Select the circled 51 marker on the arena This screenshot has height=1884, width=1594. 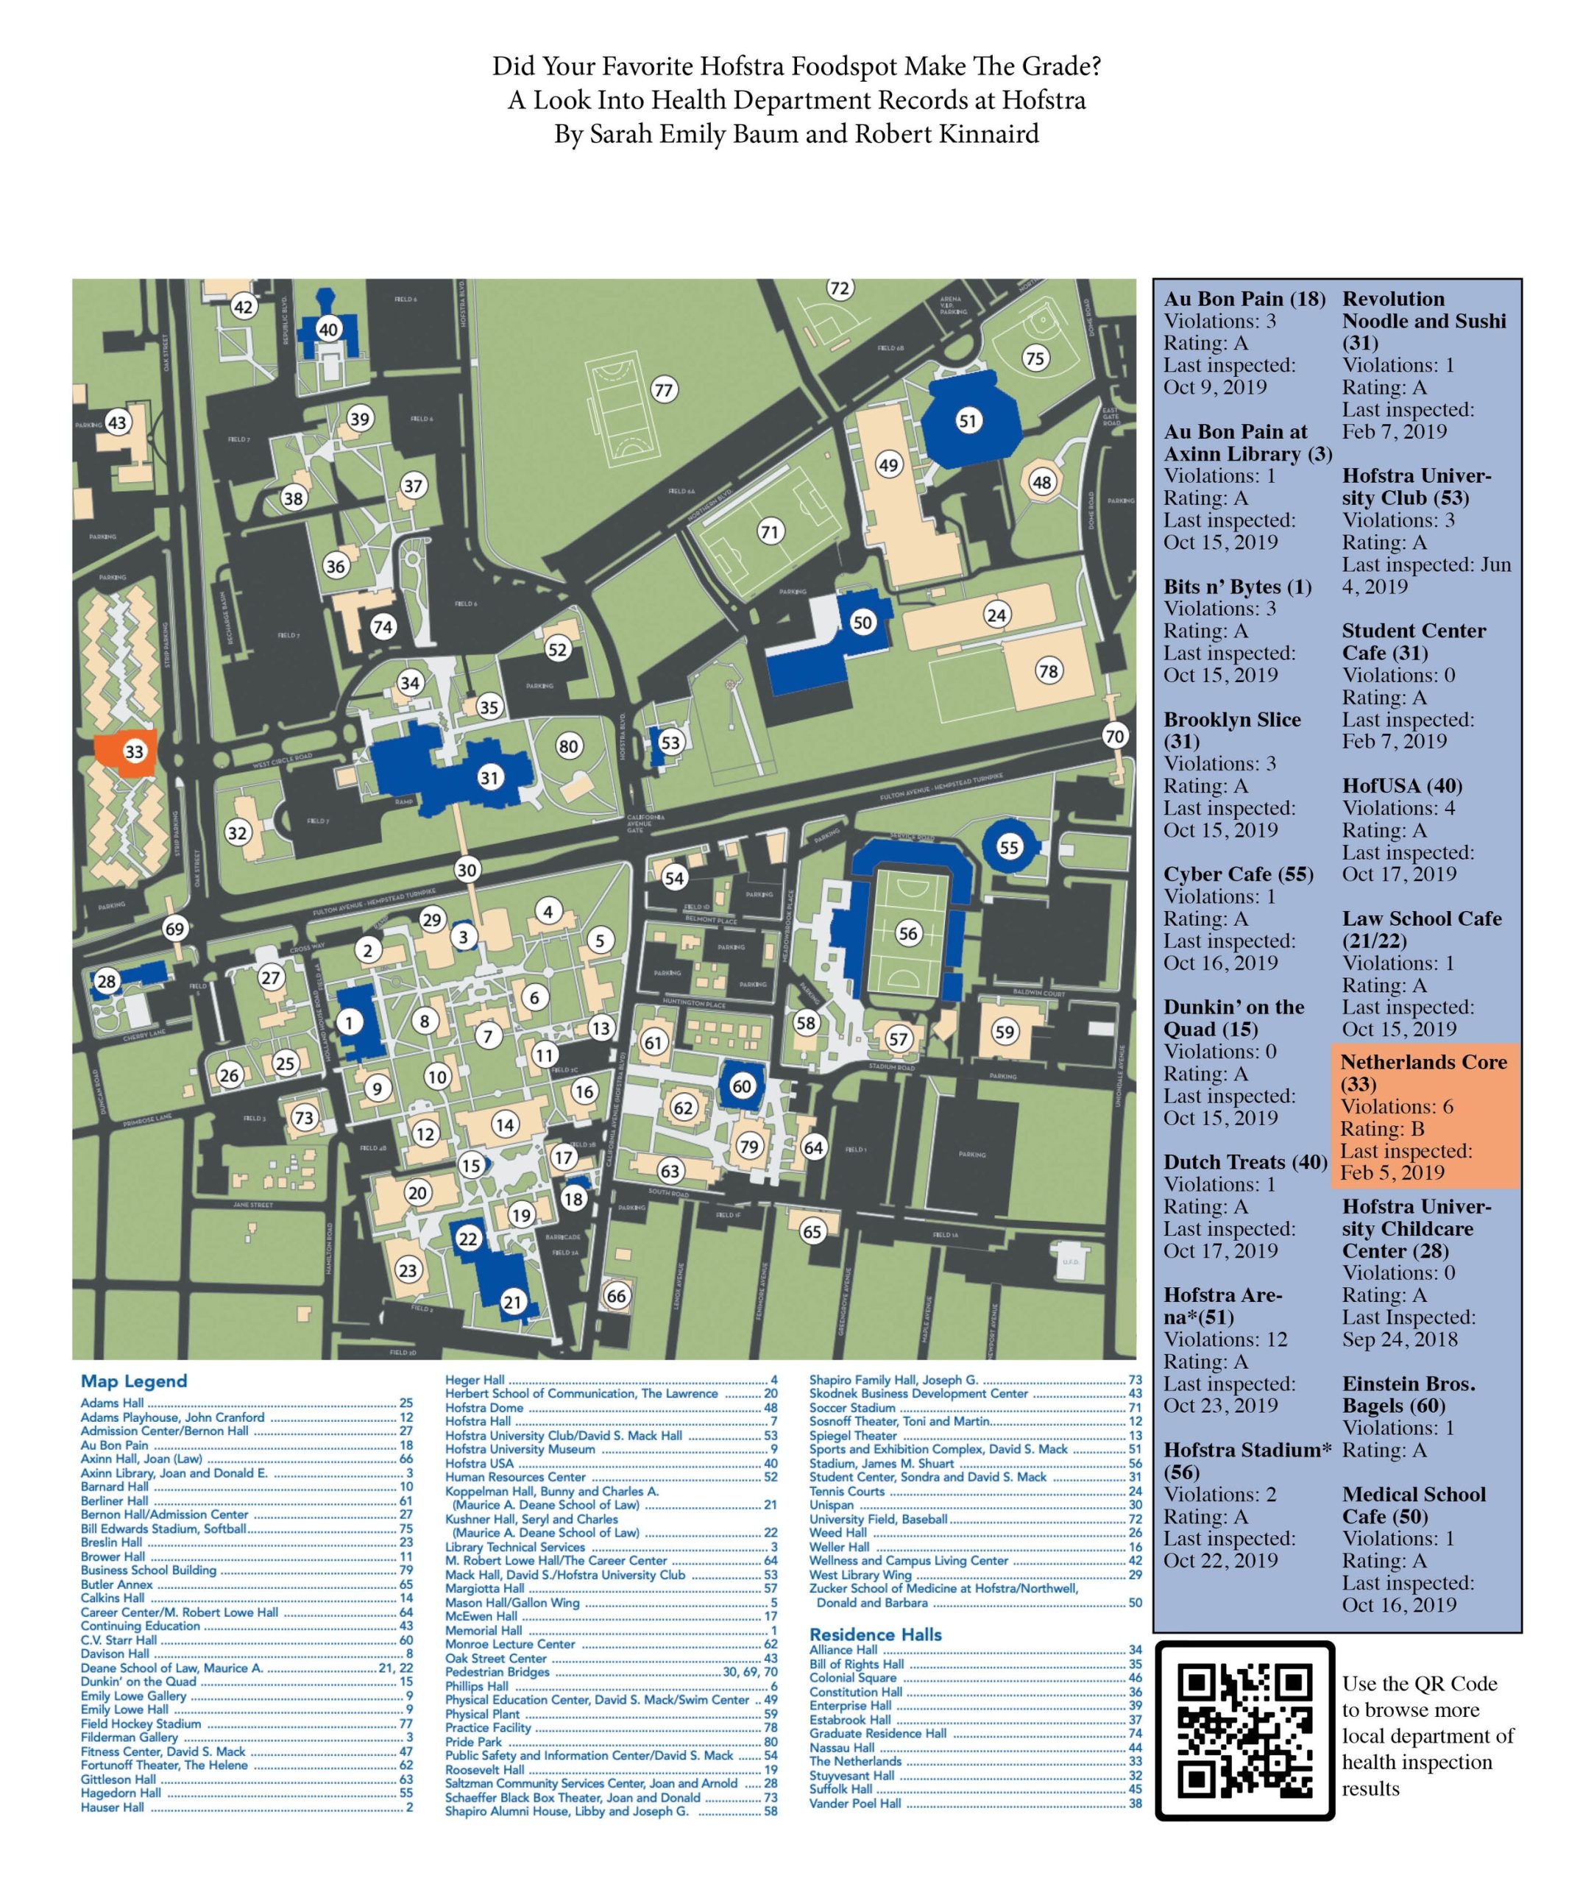pyautogui.click(x=968, y=420)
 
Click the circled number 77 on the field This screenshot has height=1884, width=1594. pyautogui.click(x=664, y=390)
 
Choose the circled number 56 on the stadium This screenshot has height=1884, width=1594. pyautogui.click(x=907, y=935)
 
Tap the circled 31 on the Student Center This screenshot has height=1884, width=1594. pyautogui.click(x=489, y=777)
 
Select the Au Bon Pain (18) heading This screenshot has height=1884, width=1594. pyautogui.click(x=1244, y=299)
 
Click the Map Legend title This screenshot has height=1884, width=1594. pyautogui.click(x=134, y=1381)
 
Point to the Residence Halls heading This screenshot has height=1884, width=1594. pyautogui.click(x=875, y=1635)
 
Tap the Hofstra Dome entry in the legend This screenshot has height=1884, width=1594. pyautogui.click(x=484, y=1408)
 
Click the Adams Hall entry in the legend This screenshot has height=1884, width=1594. pyautogui.click(x=112, y=1403)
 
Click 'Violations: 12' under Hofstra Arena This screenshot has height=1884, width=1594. pyautogui.click(x=1225, y=1339)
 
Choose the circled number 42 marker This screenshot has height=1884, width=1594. pyautogui.click(x=243, y=306)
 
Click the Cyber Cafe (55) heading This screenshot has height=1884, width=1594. pyautogui.click(x=1238, y=875)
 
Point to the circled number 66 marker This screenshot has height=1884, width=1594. pyautogui.click(x=616, y=1296)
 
